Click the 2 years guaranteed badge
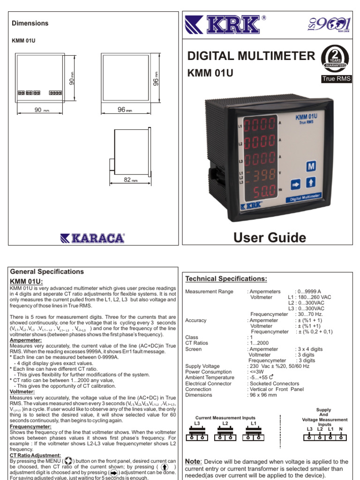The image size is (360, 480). [335, 60]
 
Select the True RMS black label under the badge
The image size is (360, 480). [335, 79]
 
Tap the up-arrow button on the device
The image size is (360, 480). [311, 182]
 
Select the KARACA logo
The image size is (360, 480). [92, 238]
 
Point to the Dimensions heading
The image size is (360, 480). [30, 23]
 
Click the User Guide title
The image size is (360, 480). [270, 237]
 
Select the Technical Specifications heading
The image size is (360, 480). [226, 279]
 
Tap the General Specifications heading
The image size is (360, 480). [47, 271]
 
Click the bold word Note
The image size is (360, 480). [193, 462]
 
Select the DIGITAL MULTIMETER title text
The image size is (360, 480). [251, 57]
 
